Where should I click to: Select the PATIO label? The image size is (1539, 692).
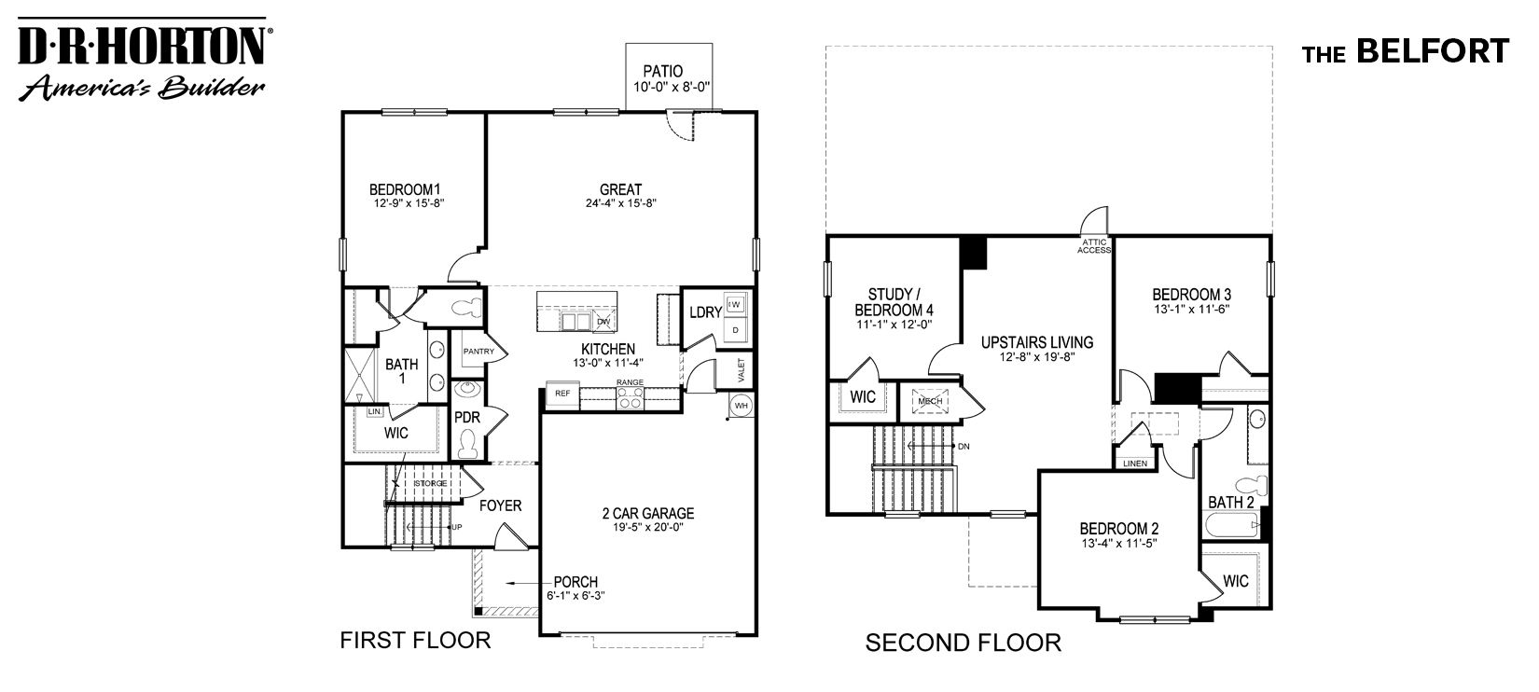pyautogui.click(x=662, y=71)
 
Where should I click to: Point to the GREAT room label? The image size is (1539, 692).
pyautogui.click(x=620, y=189)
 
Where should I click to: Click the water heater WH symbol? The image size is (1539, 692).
pyautogui.click(x=741, y=406)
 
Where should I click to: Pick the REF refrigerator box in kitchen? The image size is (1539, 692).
pyautogui.click(x=562, y=394)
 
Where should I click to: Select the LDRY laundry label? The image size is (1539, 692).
pyautogui.click(x=705, y=312)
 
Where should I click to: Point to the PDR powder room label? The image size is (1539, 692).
pyautogui.click(x=466, y=418)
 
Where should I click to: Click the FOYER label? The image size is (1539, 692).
pyautogui.click(x=500, y=505)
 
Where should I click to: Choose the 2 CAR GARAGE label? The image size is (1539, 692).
pyautogui.click(x=647, y=513)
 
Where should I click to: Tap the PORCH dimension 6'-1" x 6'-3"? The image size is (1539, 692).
pyautogui.click(x=576, y=597)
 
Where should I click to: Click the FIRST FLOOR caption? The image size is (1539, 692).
pyautogui.click(x=415, y=640)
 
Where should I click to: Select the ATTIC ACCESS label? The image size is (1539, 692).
pyautogui.click(x=1094, y=246)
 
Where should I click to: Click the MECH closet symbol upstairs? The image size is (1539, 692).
pyautogui.click(x=929, y=401)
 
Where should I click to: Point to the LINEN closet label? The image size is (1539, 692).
pyautogui.click(x=1134, y=463)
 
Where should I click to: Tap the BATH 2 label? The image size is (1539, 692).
pyautogui.click(x=1230, y=503)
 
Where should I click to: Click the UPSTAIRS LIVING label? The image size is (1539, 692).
pyautogui.click(x=1036, y=342)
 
